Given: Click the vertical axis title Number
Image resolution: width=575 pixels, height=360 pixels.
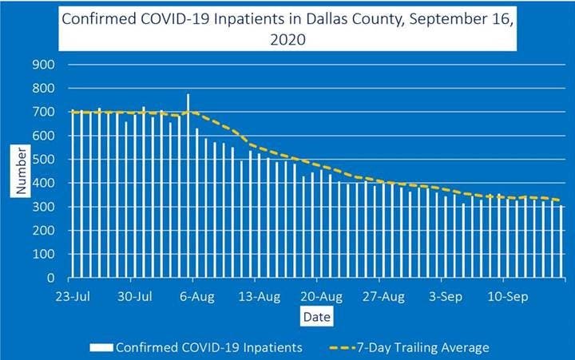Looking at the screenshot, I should coord(22,168).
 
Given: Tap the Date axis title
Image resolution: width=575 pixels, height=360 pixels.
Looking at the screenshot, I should coord(314,318).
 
